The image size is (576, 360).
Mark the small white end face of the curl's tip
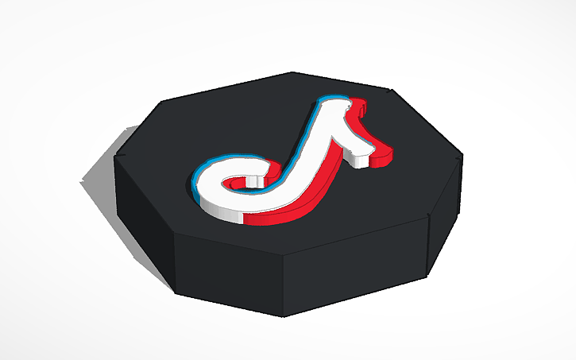[261, 185]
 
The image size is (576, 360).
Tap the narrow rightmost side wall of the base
[446, 215]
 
